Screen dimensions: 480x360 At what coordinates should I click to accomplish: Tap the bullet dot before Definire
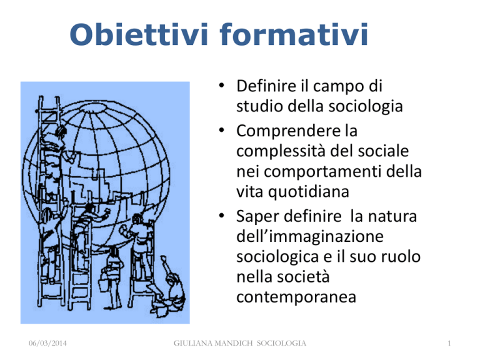(222, 85)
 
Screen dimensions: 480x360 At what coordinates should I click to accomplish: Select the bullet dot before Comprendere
(222, 130)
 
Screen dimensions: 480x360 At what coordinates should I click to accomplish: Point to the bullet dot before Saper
(222, 216)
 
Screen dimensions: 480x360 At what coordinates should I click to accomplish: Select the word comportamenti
(322, 172)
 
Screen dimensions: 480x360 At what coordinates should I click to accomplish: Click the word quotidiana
(309, 192)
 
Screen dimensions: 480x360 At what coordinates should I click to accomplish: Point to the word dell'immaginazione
(310, 237)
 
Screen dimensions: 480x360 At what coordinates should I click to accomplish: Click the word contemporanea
(296, 297)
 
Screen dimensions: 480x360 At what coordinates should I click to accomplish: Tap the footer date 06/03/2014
(47, 344)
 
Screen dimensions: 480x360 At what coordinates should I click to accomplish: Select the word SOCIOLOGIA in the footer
(281, 344)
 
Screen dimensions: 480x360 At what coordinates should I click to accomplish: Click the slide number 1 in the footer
(449, 344)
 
